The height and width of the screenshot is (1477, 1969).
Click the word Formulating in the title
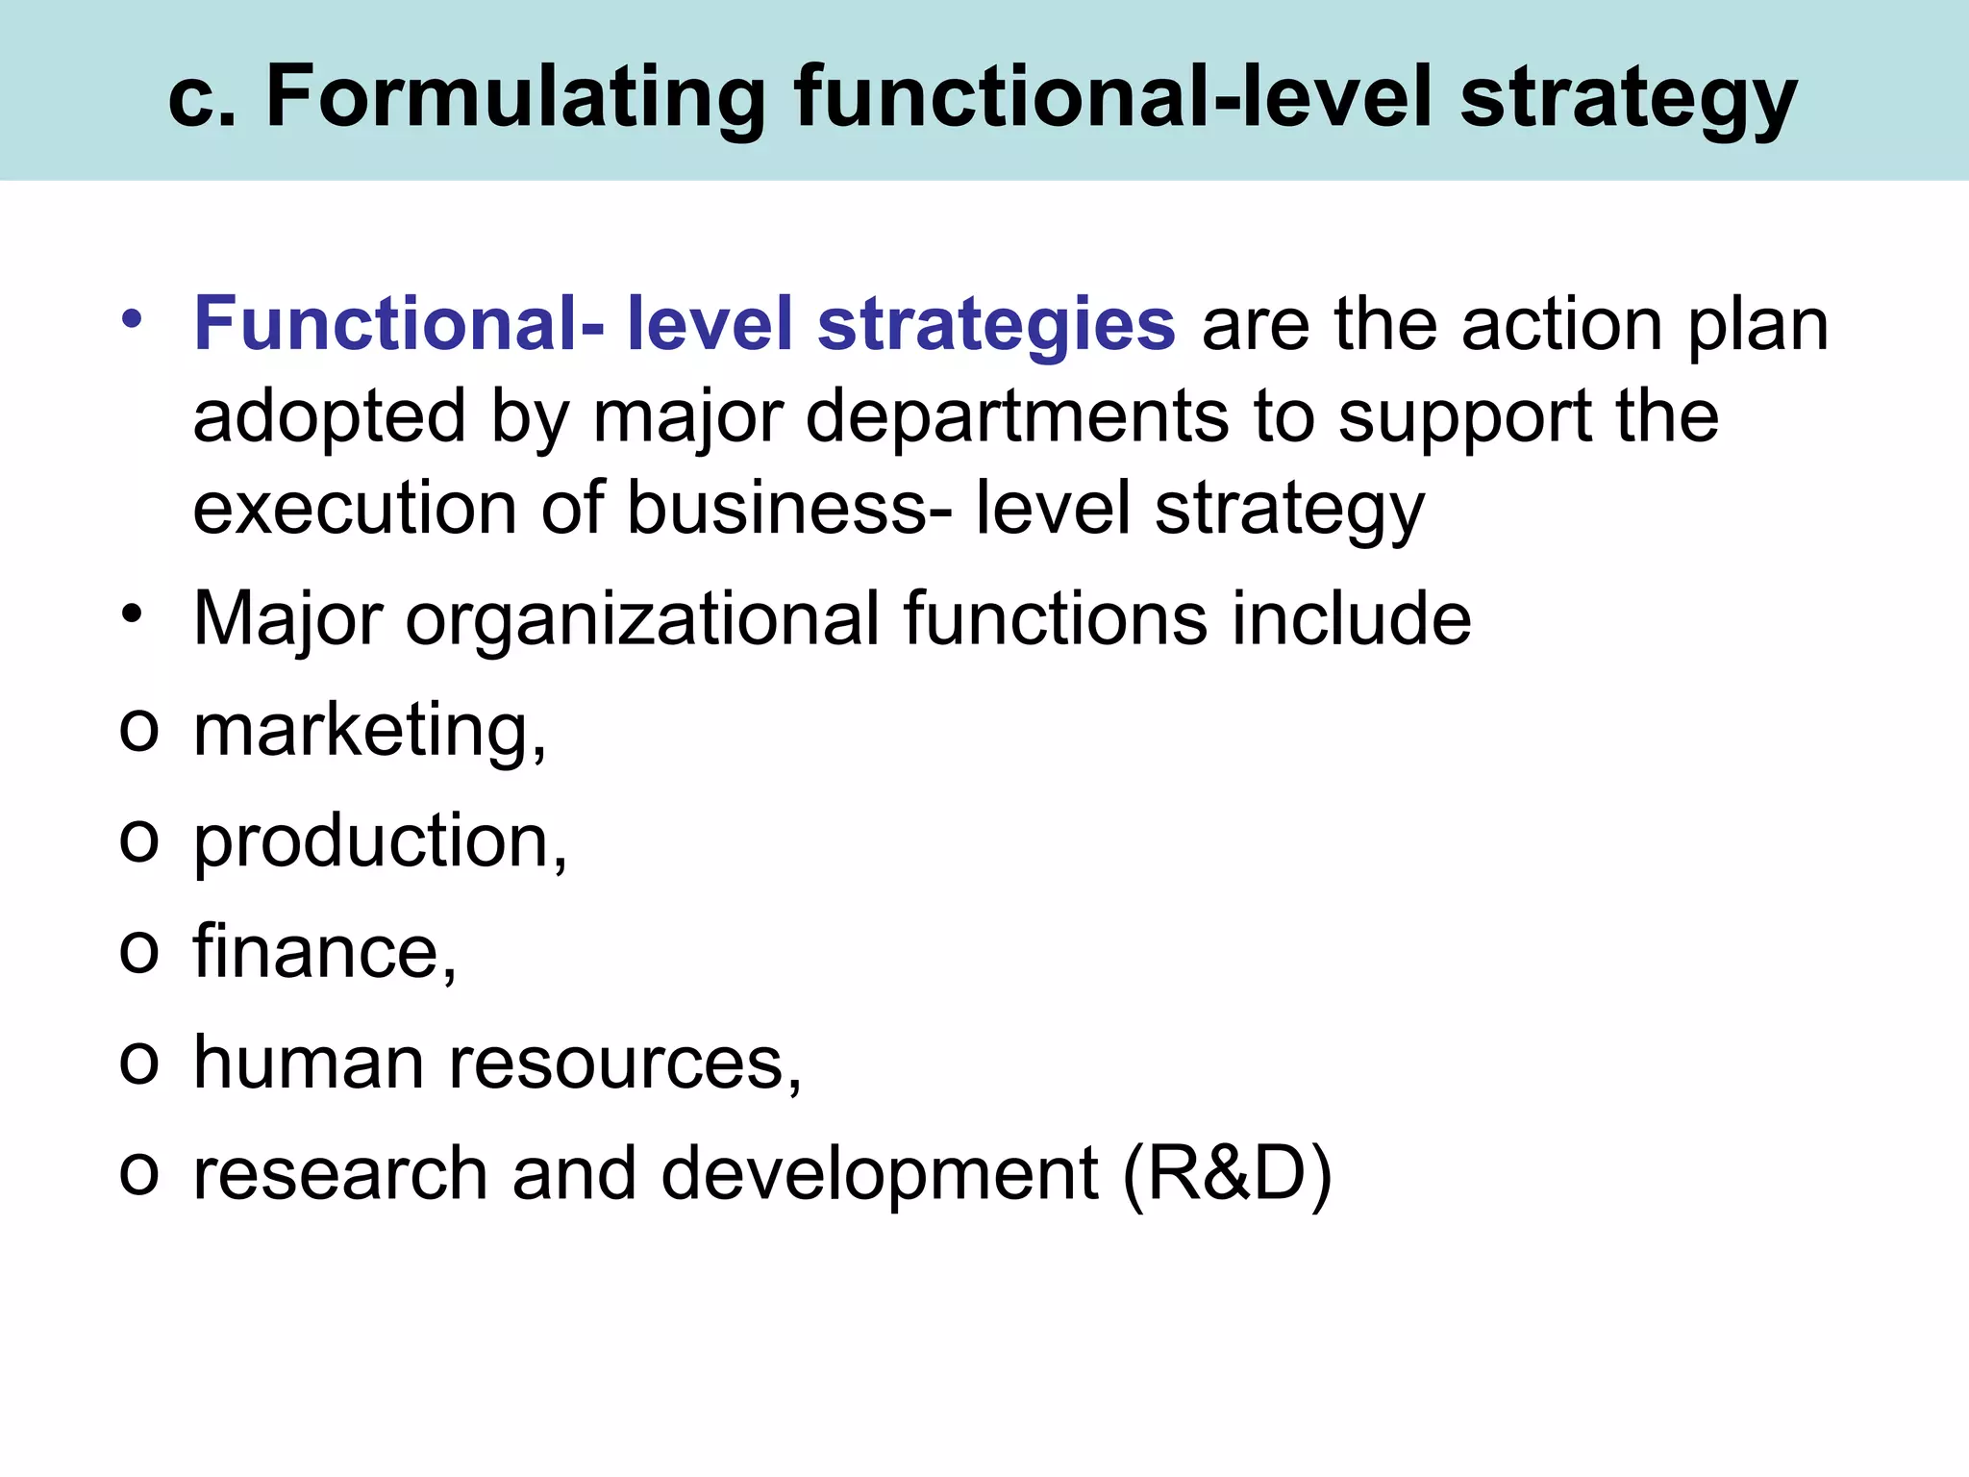click(515, 96)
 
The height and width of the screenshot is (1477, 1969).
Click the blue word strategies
click(996, 325)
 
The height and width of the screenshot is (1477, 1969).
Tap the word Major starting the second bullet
click(288, 619)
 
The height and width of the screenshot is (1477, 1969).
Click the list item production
click(381, 842)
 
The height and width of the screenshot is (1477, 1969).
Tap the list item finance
click(325, 952)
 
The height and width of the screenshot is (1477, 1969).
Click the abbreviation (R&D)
click(1227, 1174)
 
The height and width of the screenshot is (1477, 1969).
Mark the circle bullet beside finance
click(138, 951)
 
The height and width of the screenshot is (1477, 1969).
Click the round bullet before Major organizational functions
click(133, 613)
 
